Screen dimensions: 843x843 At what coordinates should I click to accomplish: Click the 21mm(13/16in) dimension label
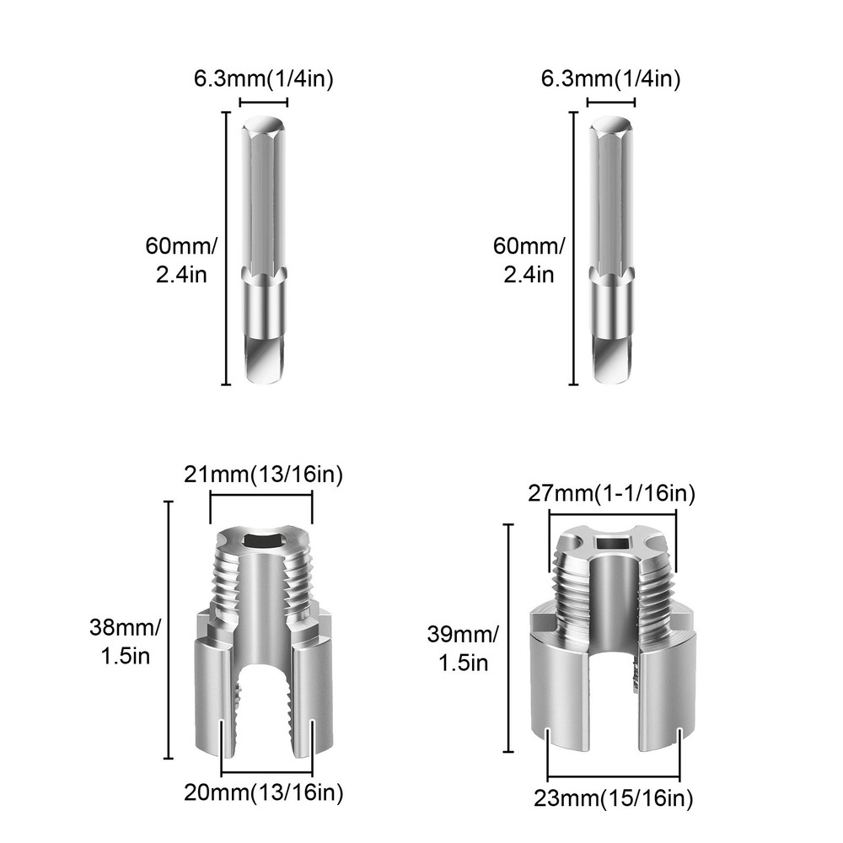[x=264, y=475]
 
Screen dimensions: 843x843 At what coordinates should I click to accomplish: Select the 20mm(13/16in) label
[x=264, y=792]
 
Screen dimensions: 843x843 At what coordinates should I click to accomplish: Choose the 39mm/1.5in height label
[x=467, y=647]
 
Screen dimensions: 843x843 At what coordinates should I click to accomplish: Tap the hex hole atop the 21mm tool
[x=261, y=540]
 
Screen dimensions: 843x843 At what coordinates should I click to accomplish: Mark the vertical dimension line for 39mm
[x=509, y=637]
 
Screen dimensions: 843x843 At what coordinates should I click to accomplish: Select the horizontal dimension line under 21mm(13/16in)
[x=261, y=497]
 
